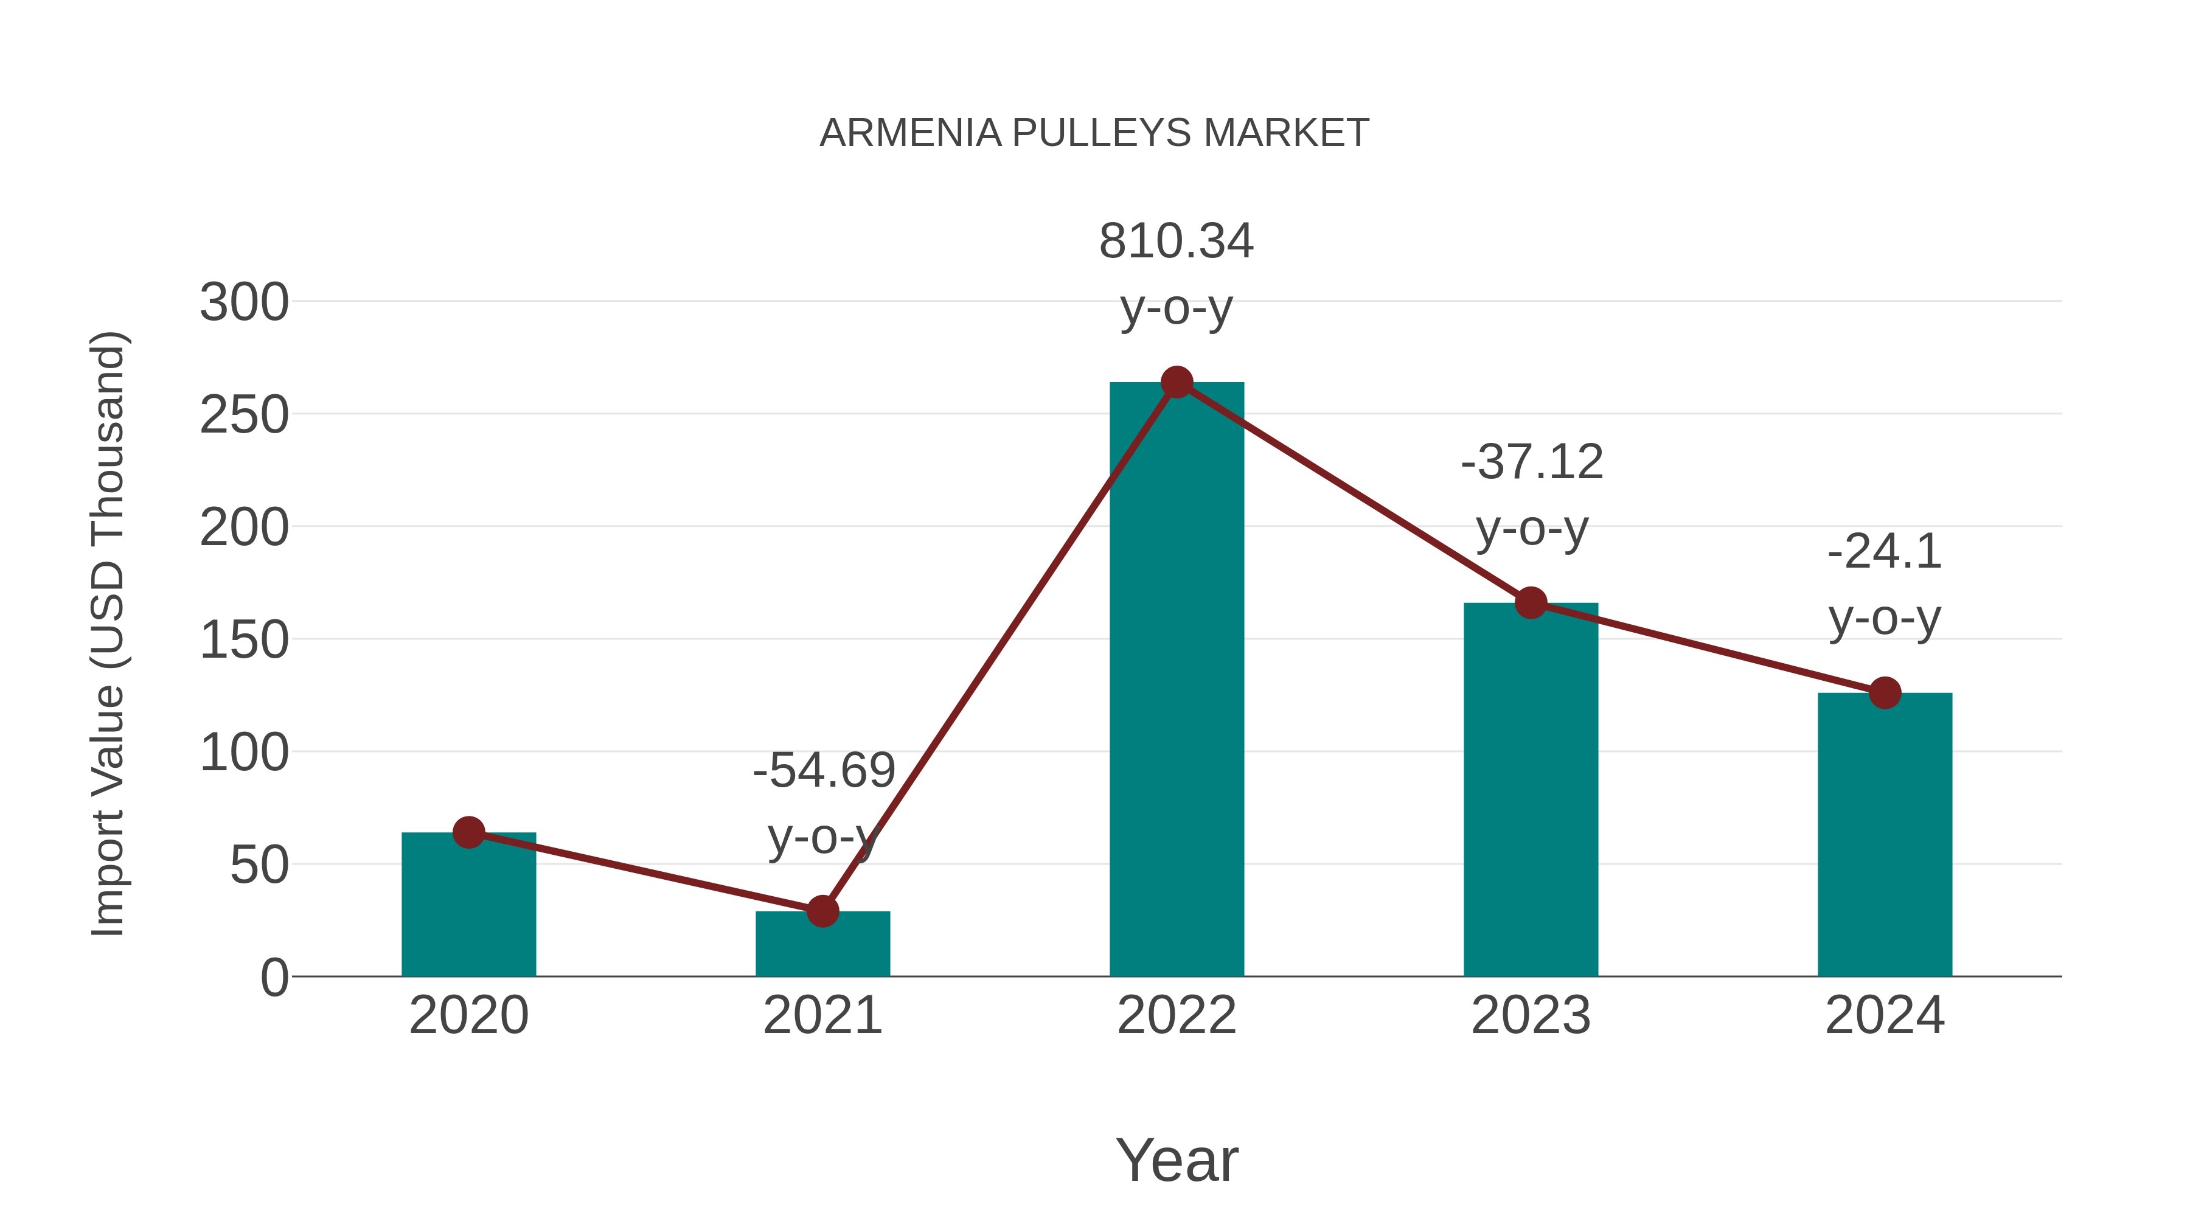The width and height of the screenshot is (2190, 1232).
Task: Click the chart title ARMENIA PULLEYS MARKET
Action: click(x=1094, y=133)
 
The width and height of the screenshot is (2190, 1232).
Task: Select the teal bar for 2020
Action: click(x=468, y=910)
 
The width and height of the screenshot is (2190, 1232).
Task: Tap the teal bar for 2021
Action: click(x=822, y=945)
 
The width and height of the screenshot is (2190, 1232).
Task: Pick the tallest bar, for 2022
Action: click(x=1177, y=680)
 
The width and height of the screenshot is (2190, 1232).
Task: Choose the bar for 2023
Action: click(x=1531, y=791)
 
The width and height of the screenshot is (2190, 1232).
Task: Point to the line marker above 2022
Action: click(x=1177, y=383)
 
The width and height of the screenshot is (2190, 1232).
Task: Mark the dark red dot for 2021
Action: click(x=822, y=911)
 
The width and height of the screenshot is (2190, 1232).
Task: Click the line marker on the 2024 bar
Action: click(x=1885, y=693)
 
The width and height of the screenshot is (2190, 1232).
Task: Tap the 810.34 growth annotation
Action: click(x=1177, y=242)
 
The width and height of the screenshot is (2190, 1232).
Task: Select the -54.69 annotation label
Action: click(x=824, y=771)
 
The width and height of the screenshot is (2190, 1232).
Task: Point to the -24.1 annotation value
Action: click(x=1885, y=552)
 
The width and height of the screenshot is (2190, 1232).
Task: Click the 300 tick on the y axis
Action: click(x=244, y=303)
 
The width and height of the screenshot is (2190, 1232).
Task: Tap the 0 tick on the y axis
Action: click(x=274, y=978)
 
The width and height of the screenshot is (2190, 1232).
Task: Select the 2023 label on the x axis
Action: click(x=1531, y=1015)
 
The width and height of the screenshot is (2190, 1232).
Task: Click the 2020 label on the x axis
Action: click(x=468, y=1015)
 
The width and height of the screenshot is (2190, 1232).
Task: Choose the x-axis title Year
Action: click(x=1177, y=1161)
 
